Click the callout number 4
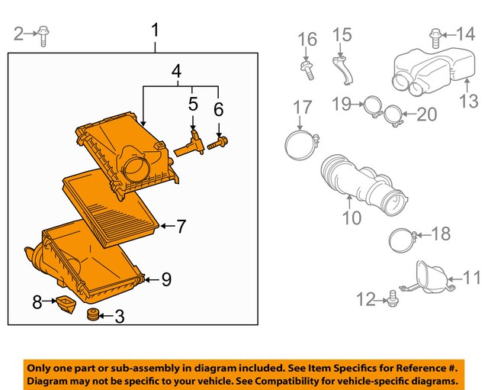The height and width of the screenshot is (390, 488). pyautogui.click(x=176, y=73)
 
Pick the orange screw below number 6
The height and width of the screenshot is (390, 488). pyautogui.click(x=219, y=140)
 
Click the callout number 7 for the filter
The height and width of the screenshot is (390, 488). pyautogui.click(x=181, y=226)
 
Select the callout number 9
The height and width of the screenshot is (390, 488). pyautogui.click(x=166, y=281)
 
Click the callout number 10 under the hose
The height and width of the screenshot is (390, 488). pyautogui.click(x=351, y=220)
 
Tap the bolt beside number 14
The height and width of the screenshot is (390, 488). pyautogui.click(x=435, y=34)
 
